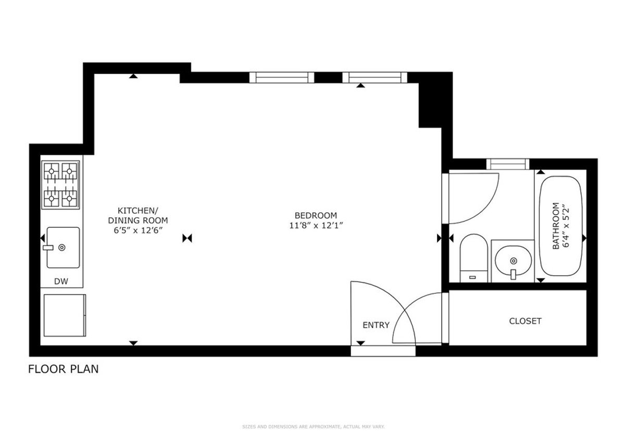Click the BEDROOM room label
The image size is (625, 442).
click(x=316, y=215)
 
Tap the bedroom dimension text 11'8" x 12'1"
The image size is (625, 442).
click(x=316, y=225)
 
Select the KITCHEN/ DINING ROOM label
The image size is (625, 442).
click(x=137, y=215)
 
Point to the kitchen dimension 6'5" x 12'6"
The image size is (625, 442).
click(x=137, y=230)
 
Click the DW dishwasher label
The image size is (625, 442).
click(x=61, y=282)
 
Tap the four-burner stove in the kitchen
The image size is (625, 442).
click(x=60, y=185)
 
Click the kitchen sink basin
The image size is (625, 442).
click(x=63, y=247)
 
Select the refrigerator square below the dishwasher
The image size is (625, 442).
click(x=64, y=315)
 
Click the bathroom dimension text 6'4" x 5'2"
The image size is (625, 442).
click(x=561, y=226)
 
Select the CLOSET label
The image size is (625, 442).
click(x=525, y=321)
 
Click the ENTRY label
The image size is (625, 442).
click(x=376, y=325)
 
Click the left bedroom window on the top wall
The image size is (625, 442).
click(x=282, y=78)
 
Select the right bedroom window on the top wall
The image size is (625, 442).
click(x=374, y=78)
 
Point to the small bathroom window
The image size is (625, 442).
click(x=507, y=164)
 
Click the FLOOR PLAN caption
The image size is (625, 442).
click(x=63, y=370)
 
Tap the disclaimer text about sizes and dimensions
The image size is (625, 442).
click(x=313, y=427)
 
